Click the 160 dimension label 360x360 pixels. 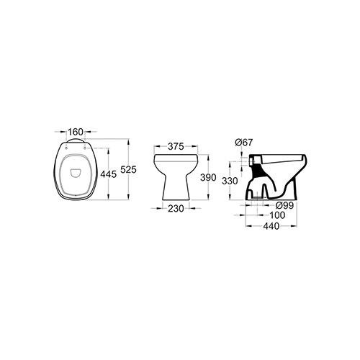click(x=76, y=132)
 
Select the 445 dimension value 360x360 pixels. click(x=108, y=174)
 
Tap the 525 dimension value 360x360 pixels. click(x=128, y=169)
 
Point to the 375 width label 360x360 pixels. click(x=176, y=146)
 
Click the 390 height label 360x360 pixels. click(x=208, y=178)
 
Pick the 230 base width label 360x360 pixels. click(x=176, y=209)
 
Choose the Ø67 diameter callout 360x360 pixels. click(x=244, y=143)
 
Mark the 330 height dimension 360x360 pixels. click(x=230, y=181)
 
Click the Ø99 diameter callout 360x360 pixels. click(x=285, y=205)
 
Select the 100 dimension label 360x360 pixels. click(x=277, y=215)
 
